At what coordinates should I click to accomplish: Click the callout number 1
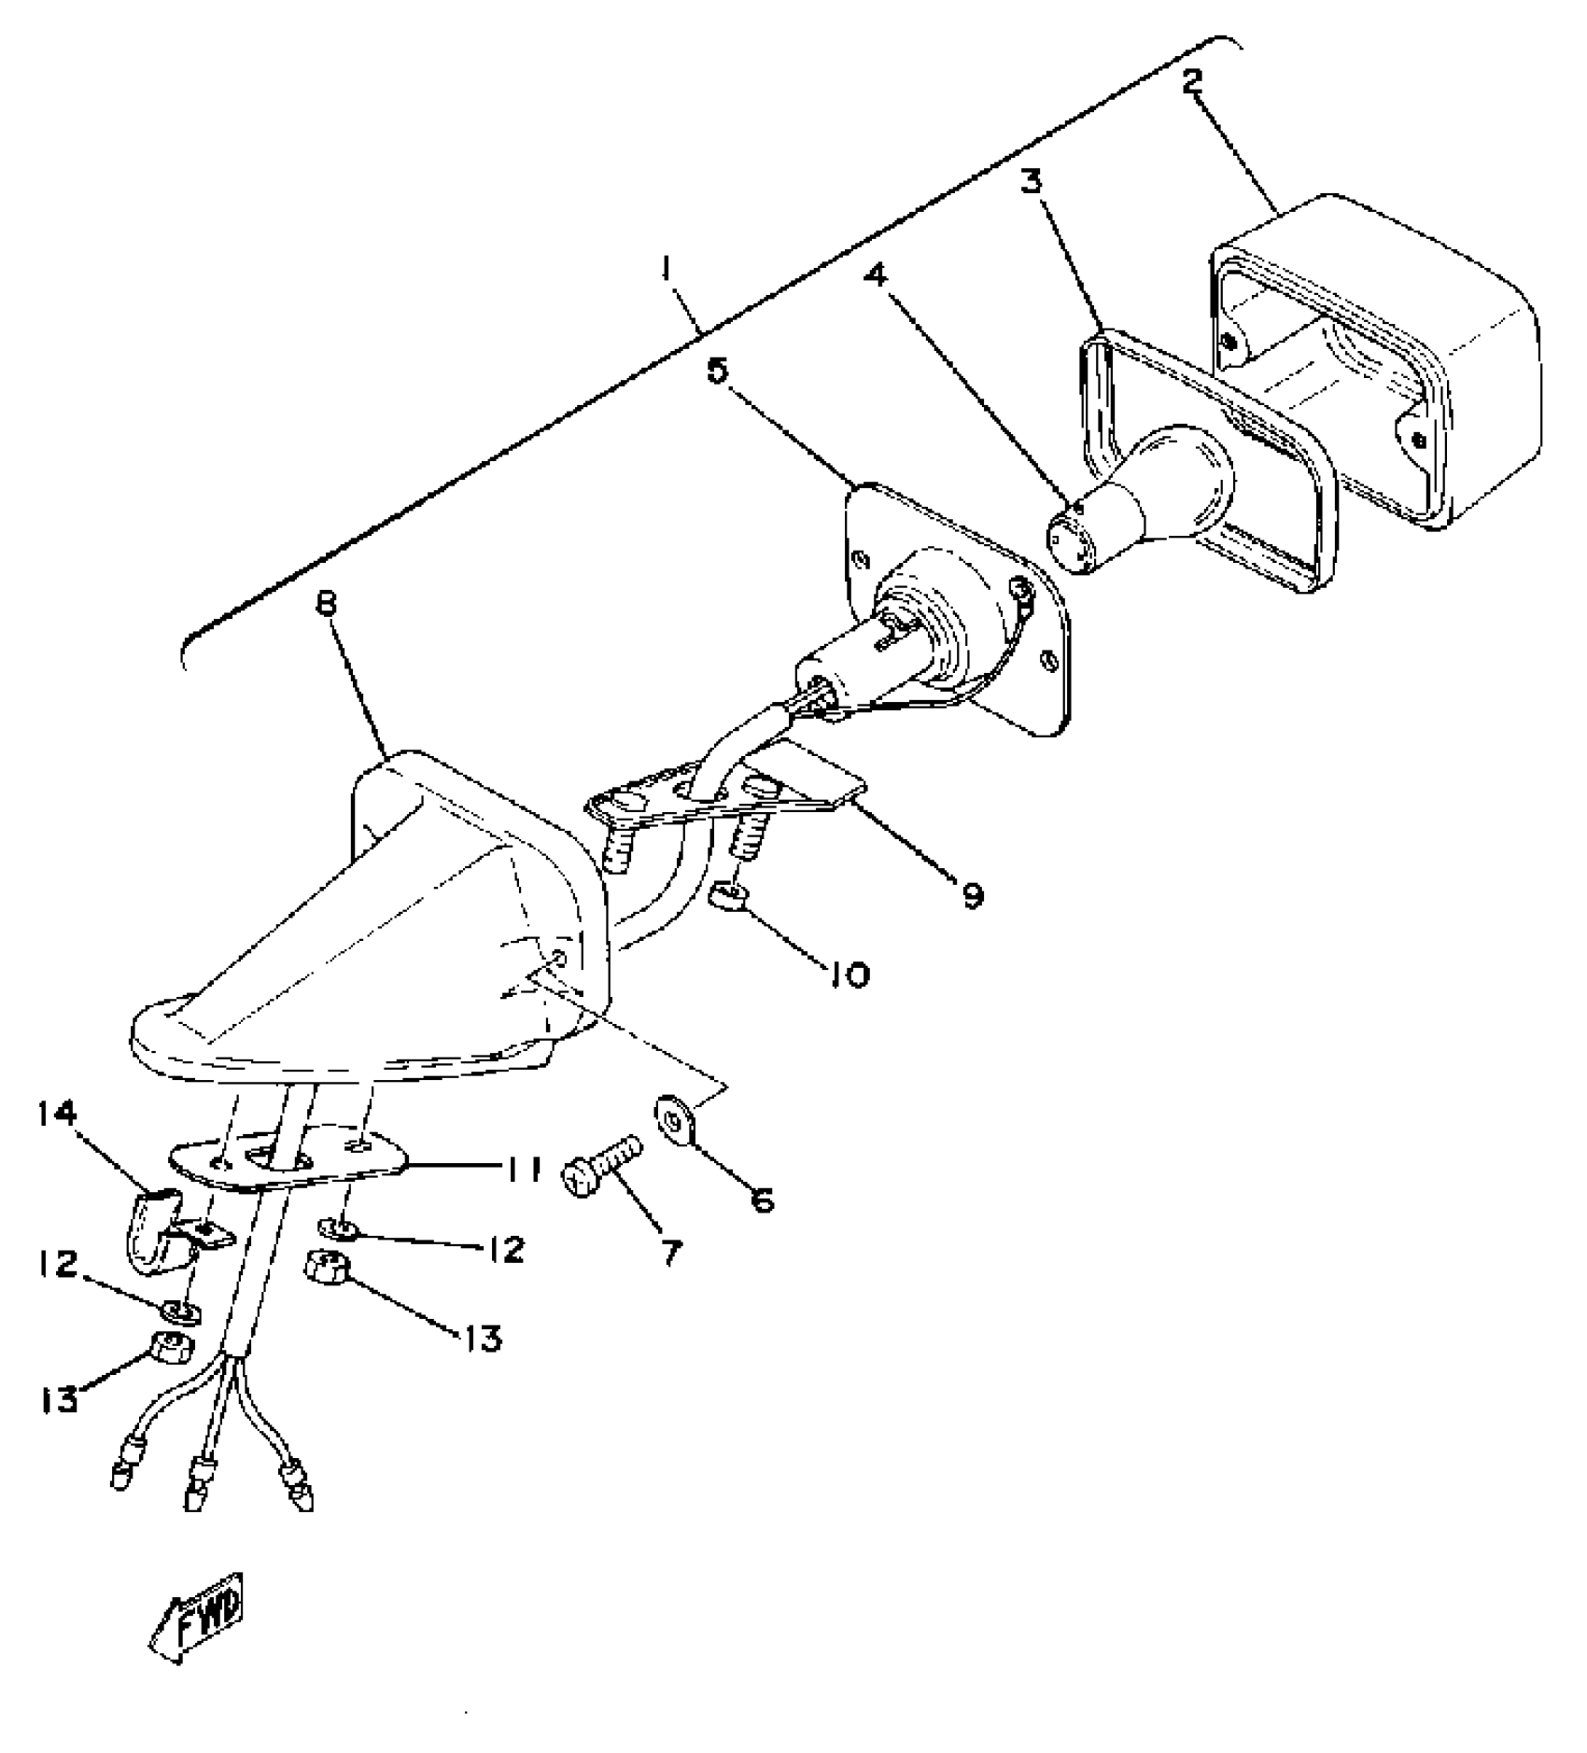coord(666,271)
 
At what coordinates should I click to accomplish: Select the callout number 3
coord(1030,182)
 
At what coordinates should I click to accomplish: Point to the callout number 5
coord(716,372)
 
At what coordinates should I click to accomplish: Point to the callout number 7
coord(672,1251)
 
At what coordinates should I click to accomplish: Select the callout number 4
coord(873,277)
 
